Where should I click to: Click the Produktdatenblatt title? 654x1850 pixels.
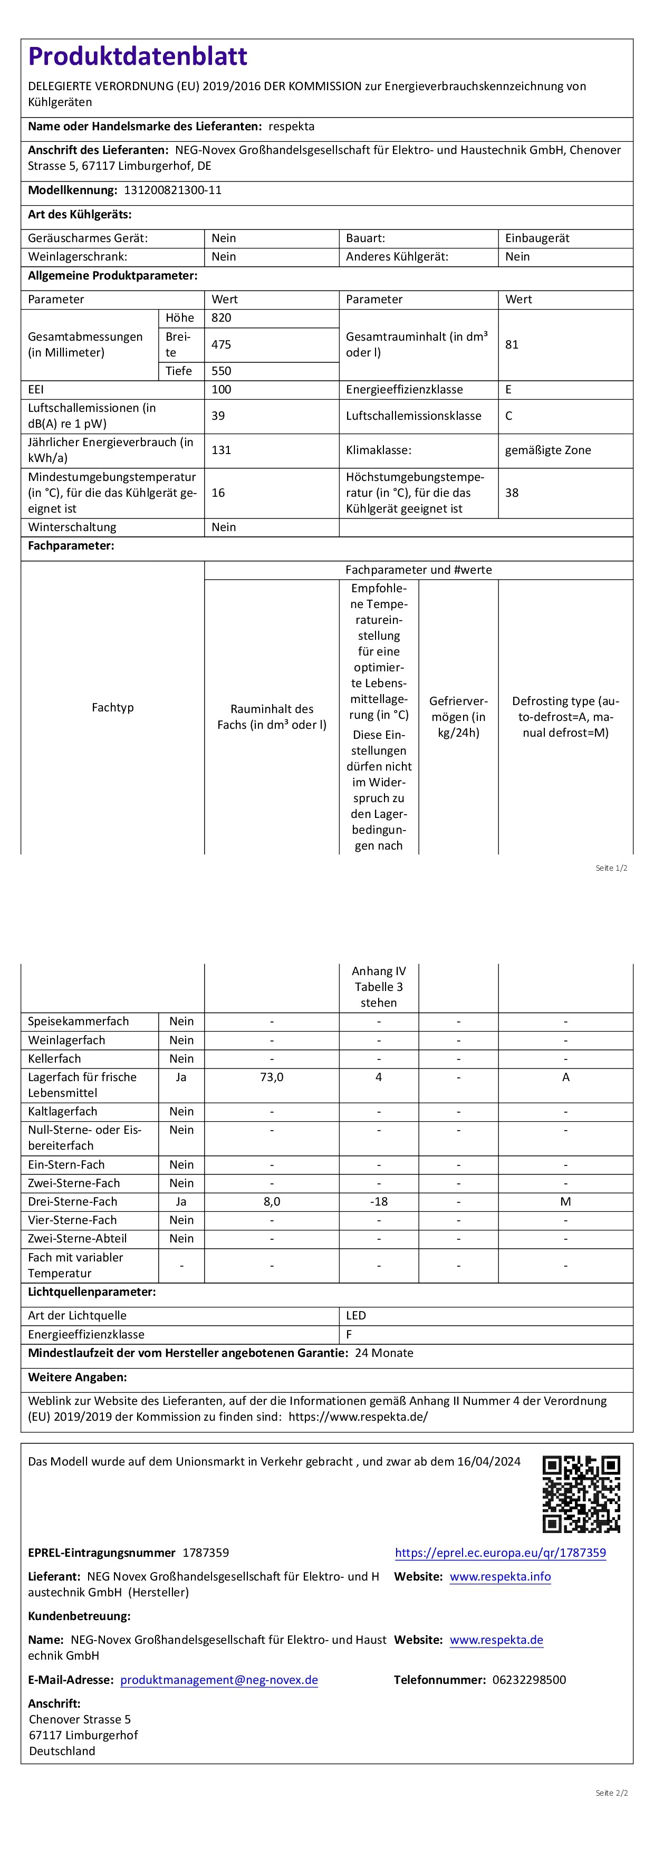[x=138, y=56]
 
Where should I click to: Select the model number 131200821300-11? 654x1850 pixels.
[x=173, y=190]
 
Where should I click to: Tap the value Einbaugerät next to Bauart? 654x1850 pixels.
[x=537, y=238]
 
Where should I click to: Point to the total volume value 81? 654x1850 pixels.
[x=511, y=345]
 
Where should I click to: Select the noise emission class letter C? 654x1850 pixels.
[x=508, y=416]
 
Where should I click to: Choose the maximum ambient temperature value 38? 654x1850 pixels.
[x=511, y=493]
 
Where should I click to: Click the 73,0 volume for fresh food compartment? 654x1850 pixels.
[x=272, y=1077]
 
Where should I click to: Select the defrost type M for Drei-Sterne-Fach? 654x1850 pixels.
[x=566, y=1201]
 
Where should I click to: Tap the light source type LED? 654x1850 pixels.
[x=356, y=1316]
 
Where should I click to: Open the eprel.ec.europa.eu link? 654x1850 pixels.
[x=501, y=1553]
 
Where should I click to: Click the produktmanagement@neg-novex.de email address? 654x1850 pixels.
[x=219, y=1680]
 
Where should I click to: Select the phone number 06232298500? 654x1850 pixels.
[x=529, y=1680]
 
